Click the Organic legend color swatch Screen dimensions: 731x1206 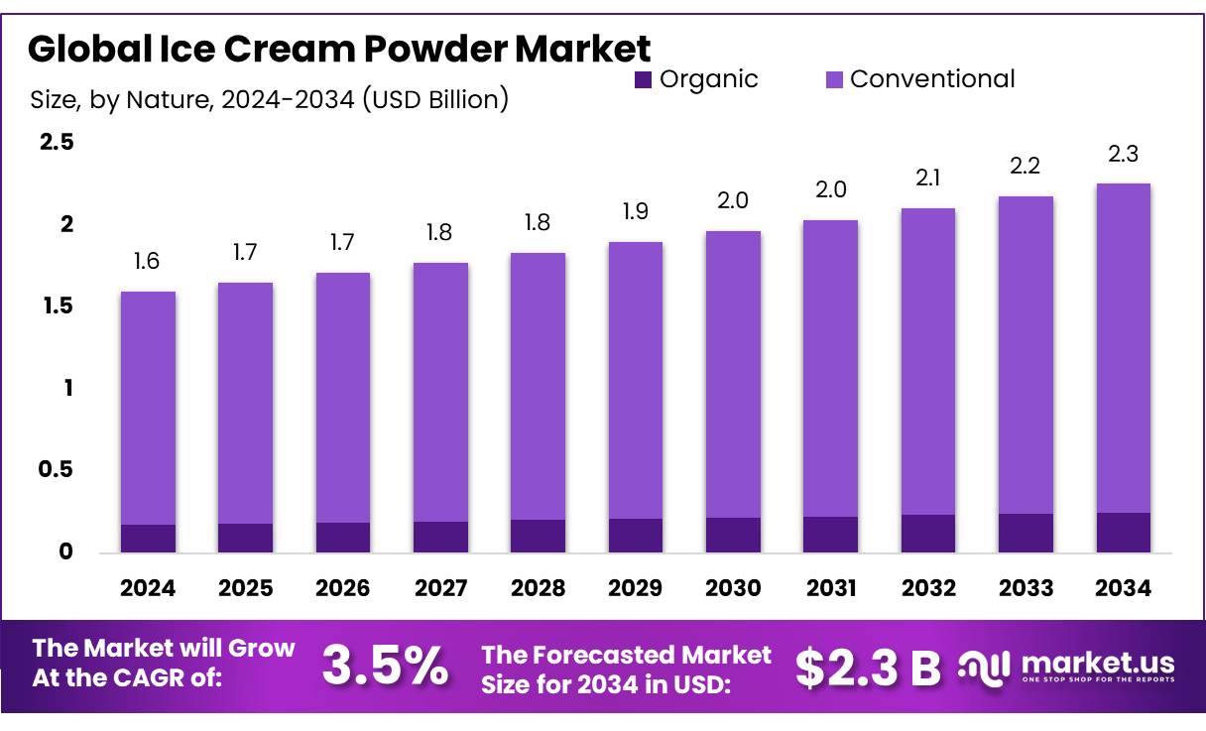point(644,80)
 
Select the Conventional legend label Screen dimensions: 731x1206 point(932,79)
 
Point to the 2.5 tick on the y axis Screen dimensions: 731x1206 point(57,143)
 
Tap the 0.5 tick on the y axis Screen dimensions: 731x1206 point(57,469)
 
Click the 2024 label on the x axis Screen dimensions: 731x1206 point(148,588)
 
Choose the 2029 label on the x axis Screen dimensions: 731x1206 point(636,588)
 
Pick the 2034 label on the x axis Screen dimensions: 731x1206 point(1124,588)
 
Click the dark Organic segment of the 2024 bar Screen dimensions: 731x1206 point(148,538)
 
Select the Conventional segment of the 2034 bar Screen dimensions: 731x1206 point(1124,347)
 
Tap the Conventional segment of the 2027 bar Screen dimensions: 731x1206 point(440,392)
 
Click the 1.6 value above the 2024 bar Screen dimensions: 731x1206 point(147,262)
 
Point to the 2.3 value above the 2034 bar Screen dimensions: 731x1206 point(1124,154)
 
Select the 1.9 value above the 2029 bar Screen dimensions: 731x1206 point(636,212)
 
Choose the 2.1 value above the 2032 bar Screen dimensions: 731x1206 point(928,179)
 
